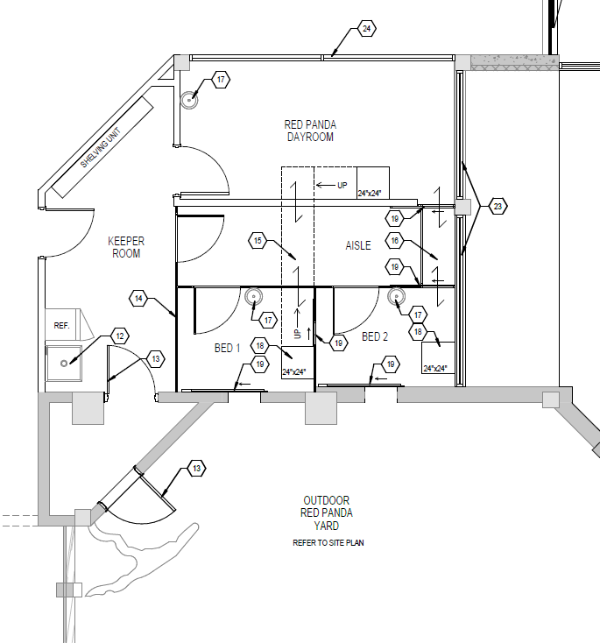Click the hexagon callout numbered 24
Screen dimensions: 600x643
pos(367,29)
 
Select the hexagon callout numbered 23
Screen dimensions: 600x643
pos(498,206)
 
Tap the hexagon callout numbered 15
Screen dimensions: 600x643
pos(258,241)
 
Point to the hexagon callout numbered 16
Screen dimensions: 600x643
pos(394,241)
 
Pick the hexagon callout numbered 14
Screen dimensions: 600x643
pos(138,299)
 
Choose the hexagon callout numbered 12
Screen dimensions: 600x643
pos(120,336)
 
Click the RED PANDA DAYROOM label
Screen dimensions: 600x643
pos(310,131)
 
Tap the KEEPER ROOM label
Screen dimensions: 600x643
pos(126,247)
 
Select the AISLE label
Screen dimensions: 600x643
pos(358,245)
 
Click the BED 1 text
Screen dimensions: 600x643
pos(227,348)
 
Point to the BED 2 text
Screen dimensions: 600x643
pos(375,336)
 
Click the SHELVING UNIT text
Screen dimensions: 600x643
pos(101,148)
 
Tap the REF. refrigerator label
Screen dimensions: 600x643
pos(61,326)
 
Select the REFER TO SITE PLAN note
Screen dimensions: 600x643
pos(328,543)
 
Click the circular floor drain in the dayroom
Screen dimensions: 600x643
pos(189,100)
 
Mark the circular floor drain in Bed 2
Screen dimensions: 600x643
pos(396,296)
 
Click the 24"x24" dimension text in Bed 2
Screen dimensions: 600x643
pos(434,368)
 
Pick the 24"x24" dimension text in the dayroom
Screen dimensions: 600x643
pos(370,193)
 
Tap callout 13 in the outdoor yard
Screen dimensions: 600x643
pos(196,469)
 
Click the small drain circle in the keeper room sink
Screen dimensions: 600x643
pos(64,364)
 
